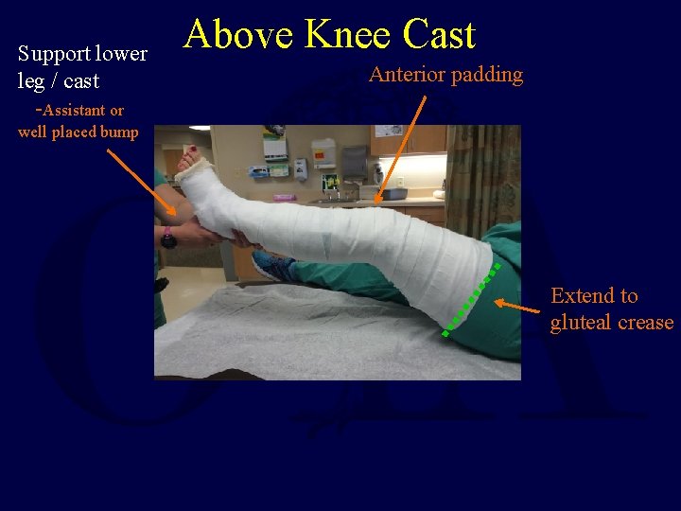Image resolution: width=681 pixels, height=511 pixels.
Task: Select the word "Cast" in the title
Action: [439, 35]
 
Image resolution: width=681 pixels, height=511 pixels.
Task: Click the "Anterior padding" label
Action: [445, 75]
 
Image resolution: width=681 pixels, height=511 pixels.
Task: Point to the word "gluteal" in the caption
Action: [582, 323]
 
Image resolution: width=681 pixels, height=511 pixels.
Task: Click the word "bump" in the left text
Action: [120, 132]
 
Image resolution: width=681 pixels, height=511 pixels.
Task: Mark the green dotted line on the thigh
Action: [470, 301]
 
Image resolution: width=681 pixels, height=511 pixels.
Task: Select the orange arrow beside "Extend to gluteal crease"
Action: [518, 307]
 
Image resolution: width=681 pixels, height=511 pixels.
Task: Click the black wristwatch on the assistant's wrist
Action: [168, 237]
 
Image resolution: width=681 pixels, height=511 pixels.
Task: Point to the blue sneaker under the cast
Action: [273, 268]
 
